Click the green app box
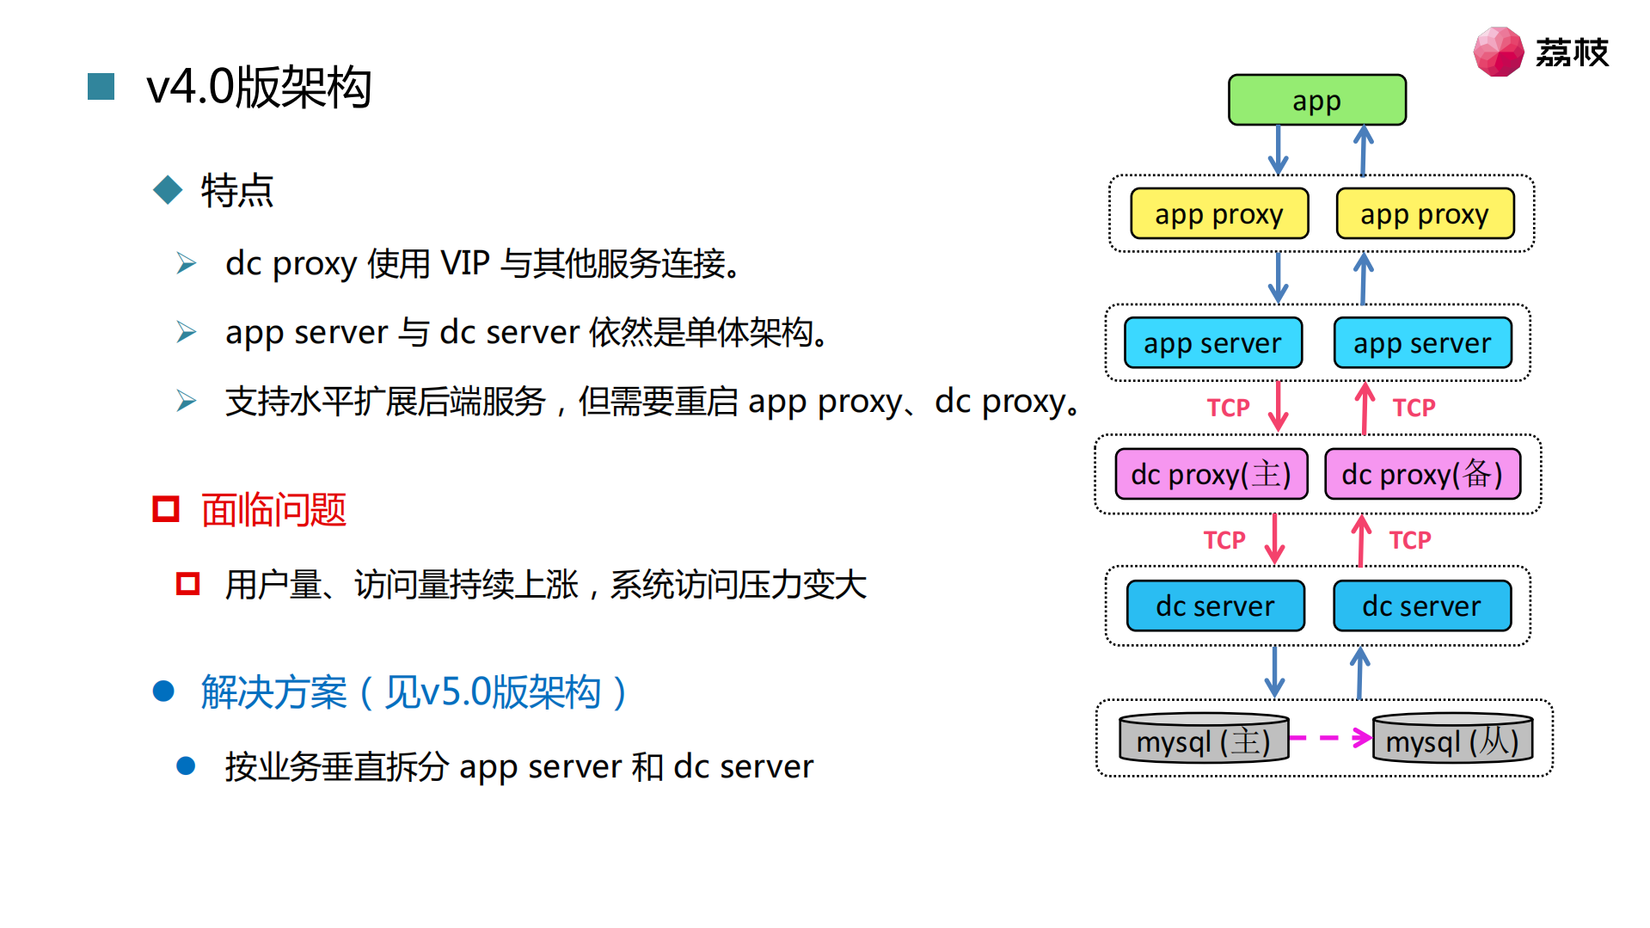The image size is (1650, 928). [1316, 101]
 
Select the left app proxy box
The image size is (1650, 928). [1218, 213]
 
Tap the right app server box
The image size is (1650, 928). [1422, 343]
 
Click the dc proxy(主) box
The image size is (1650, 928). [1211, 474]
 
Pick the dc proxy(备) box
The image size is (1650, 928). [1422, 474]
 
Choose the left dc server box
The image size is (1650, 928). [1215, 605]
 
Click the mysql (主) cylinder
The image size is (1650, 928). [1203, 740]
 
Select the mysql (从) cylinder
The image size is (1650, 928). [1452, 740]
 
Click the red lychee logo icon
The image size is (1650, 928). [1498, 52]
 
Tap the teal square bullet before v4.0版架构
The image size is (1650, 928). [101, 87]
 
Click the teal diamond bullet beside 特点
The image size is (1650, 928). [168, 190]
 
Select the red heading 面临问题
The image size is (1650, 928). [273, 510]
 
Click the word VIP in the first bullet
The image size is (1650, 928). [464, 263]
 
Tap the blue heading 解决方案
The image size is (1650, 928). [273, 692]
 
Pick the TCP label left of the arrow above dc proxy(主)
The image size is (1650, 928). [1227, 408]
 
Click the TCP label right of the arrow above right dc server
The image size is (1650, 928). [1409, 540]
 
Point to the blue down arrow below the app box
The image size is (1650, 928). [1278, 151]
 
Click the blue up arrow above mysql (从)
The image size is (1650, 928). [1359, 673]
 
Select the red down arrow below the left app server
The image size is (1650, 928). [1278, 406]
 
